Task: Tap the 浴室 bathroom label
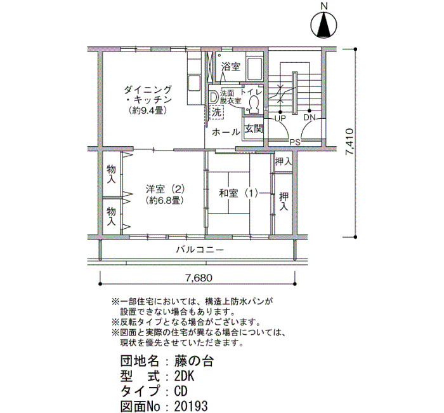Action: click(231, 67)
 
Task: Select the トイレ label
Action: click(251, 92)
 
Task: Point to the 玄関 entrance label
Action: click(254, 129)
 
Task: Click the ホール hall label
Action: click(226, 132)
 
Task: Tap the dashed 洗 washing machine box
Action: click(217, 112)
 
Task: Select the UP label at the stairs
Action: click(280, 118)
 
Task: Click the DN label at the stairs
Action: click(310, 118)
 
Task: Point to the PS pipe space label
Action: click(295, 142)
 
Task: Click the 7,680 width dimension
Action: click(199, 278)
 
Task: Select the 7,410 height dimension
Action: click(349, 142)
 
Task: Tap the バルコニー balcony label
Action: click(200, 250)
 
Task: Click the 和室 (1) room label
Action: click(238, 193)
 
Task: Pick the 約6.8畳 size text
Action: click(166, 201)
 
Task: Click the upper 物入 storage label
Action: click(111, 174)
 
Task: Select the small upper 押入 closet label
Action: click(283, 162)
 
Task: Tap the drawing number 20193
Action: click(191, 406)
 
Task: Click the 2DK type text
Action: click(184, 377)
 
